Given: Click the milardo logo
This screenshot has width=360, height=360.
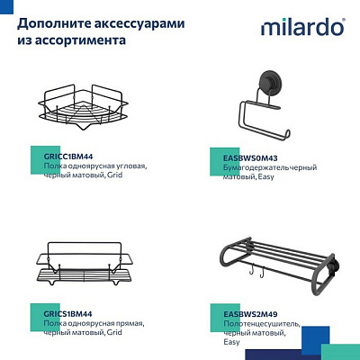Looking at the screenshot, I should click(x=301, y=27).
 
